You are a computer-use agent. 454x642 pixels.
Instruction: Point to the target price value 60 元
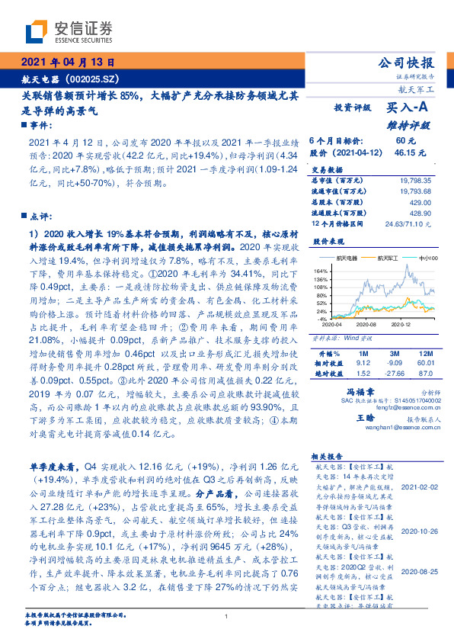coord(405,141)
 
